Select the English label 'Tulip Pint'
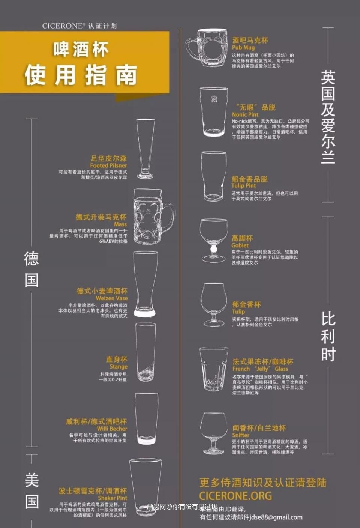pos(243,185)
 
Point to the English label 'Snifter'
pos(240,435)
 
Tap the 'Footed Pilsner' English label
pos(108,165)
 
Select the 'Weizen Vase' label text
pos(111,298)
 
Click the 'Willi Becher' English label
pos(112,429)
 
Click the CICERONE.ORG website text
pos(235,496)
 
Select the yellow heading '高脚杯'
pos(242,238)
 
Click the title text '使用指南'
pos(81,75)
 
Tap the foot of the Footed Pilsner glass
pos(145,175)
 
